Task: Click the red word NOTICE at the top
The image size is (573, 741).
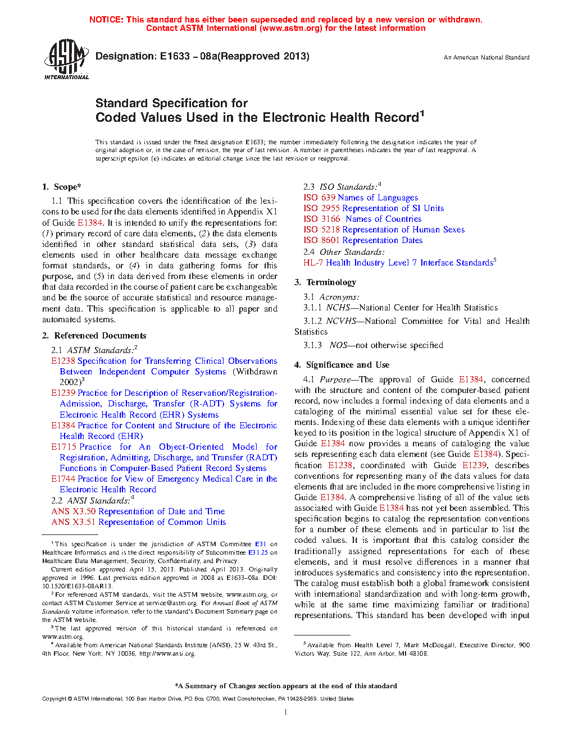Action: [x=106, y=20]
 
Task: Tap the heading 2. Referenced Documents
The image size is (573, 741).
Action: [x=94, y=336]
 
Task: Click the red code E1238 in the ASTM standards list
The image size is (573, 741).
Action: [x=63, y=361]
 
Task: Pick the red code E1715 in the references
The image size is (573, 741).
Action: [x=63, y=447]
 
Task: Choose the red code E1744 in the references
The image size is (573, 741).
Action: [x=63, y=479]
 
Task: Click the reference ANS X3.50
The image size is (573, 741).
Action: [x=74, y=511]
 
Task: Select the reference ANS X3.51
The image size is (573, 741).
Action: [x=74, y=522]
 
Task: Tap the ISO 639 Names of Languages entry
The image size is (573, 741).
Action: [x=361, y=198]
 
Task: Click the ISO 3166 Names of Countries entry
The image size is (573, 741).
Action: [x=362, y=219]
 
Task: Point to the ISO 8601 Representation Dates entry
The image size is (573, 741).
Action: [x=363, y=240]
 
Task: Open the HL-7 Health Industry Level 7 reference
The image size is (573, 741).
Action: [x=398, y=263]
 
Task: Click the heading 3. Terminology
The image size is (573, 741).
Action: [x=325, y=282]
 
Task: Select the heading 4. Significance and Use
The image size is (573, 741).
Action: [x=342, y=365]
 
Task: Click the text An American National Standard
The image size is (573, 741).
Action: [x=486, y=57]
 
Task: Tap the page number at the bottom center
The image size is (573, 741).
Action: [x=286, y=712]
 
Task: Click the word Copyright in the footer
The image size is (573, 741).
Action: [x=54, y=699]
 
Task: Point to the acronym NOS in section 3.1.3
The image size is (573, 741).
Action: [x=338, y=345]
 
